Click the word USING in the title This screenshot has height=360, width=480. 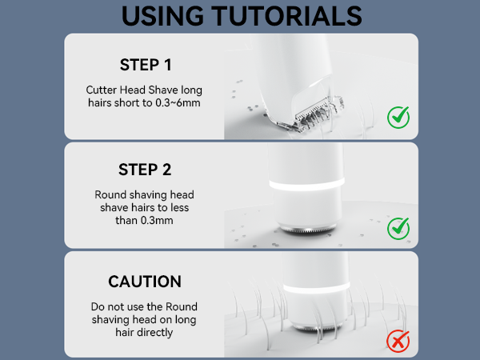tap(162, 16)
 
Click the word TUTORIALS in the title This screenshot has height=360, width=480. tap(287, 16)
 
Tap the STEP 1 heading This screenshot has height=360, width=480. tap(146, 65)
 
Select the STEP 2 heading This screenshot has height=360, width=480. tap(145, 170)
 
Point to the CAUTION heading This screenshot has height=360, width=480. tap(145, 282)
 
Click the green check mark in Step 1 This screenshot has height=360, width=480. tap(398, 118)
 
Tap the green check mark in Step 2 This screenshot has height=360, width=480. tap(398, 228)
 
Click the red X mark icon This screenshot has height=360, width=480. tap(398, 341)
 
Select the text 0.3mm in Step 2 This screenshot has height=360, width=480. tap(157, 221)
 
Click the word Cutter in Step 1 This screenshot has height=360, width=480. tap(102, 90)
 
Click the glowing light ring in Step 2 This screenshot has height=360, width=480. tap(307, 185)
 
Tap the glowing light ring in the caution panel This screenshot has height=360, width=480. tap(317, 288)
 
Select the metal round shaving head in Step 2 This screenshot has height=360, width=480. tap(307, 229)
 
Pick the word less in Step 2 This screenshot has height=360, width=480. tap(180, 207)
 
